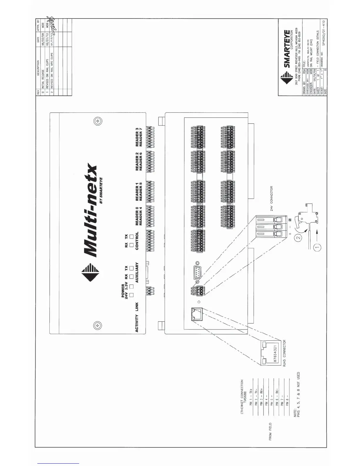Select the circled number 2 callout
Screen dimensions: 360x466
[298, 238]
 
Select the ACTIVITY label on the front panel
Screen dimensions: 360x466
[137, 323]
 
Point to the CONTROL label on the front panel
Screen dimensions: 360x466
[137, 241]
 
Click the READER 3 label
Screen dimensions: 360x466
[137, 137]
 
